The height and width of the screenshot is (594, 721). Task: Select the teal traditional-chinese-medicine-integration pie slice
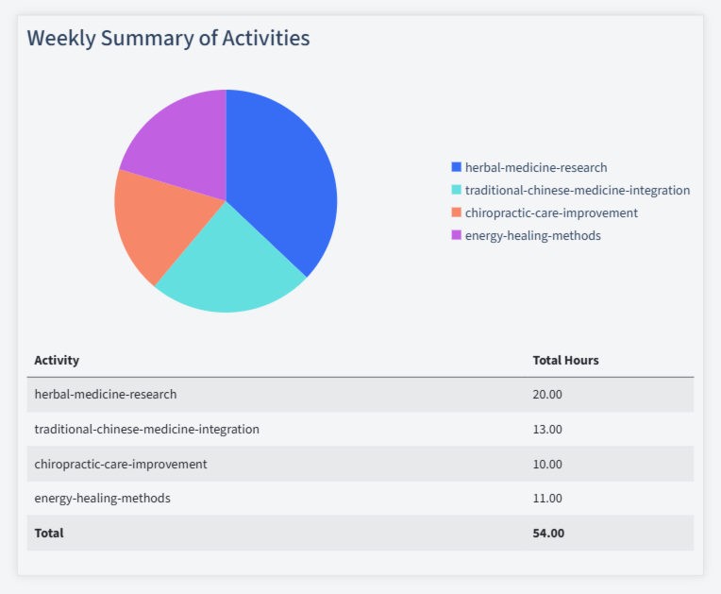tap(231, 264)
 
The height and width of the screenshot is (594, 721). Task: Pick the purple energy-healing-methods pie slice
tap(179, 142)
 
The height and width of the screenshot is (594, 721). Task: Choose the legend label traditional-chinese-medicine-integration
tap(577, 190)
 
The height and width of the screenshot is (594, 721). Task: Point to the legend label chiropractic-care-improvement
tap(551, 212)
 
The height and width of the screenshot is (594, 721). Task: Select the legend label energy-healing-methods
tap(532, 235)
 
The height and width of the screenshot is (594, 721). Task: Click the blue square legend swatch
tap(457, 167)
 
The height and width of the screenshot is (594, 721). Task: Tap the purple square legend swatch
tap(457, 235)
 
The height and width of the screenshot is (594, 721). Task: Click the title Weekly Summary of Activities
tap(168, 38)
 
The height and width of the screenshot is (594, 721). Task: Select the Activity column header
tap(57, 360)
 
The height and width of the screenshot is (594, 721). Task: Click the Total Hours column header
tap(565, 360)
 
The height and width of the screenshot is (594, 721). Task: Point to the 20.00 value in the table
tap(547, 394)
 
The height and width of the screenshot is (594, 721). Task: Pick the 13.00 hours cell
tap(547, 429)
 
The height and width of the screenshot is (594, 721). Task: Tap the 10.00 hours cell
tap(547, 464)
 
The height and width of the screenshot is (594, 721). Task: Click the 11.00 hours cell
tap(547, 498)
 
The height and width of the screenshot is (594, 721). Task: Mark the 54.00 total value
tap(548, 533)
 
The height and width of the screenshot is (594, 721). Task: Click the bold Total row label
tap(49, 533)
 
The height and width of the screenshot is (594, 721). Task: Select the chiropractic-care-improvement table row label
tap(120, 464)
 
